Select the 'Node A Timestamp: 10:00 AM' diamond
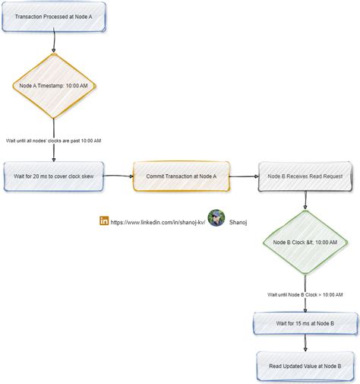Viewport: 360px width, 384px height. click(x=54, y=86)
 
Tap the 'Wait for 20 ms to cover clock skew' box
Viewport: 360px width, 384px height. click(x=54, y=176)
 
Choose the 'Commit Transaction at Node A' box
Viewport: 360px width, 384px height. click(x=181, y=176)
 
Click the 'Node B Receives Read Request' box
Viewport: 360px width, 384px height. click(x=305, y=176)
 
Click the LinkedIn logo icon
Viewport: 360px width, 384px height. click(x=104, y=221)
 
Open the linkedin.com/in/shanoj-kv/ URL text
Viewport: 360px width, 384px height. click(x=157, y=222)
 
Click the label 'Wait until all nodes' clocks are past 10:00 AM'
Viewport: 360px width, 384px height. click(x=54, y=141)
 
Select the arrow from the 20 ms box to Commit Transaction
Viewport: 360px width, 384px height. click(x=118, y=176)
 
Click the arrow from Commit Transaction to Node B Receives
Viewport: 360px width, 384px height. click(x=242, y=176)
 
